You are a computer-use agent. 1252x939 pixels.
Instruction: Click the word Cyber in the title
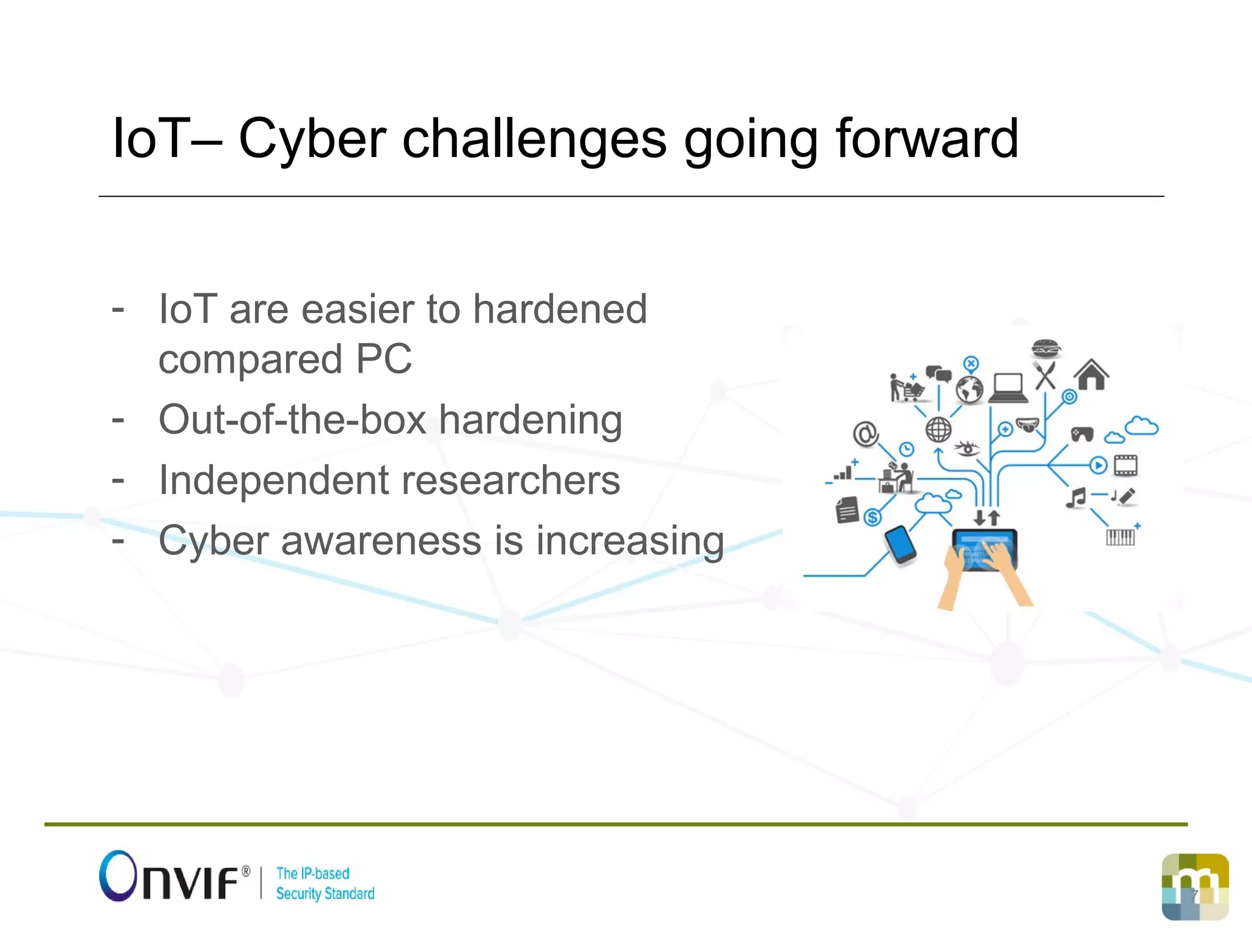312,139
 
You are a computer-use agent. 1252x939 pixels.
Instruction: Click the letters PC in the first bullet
384,359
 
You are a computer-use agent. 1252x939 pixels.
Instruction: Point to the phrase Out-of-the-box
292,420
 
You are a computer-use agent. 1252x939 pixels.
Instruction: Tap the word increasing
630,542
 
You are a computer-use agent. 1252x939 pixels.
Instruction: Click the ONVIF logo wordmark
175,877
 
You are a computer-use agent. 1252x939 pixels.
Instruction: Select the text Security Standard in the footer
325,894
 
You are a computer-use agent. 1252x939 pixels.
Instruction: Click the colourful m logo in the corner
1195,886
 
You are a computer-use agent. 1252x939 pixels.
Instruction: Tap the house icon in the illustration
1091,375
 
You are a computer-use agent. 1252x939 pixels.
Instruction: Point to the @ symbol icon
866,434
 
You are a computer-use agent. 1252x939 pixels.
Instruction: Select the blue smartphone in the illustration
900,544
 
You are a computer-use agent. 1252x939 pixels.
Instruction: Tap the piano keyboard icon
1120,537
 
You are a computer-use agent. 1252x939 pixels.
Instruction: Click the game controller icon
1082,434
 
